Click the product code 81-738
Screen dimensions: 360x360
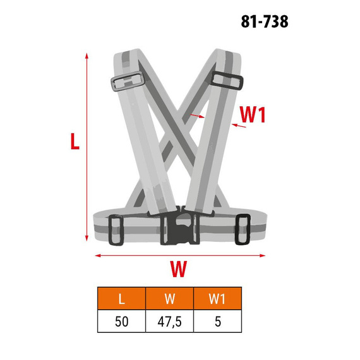[265, 22]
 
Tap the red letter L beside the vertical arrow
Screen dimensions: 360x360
[75, 141]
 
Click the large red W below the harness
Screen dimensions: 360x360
[179, 269]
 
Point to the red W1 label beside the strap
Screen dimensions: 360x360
[253, 114]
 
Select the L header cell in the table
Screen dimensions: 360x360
[121, 298]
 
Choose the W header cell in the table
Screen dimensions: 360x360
[169, 298]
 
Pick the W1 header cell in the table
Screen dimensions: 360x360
[217, 298]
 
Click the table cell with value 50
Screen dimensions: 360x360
[121, 321]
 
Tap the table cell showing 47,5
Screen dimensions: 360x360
[169, 321]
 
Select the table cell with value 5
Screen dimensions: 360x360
[217, 321]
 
